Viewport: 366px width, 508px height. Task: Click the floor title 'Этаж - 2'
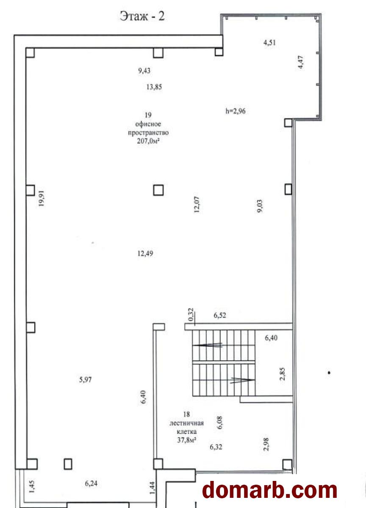point(142,17)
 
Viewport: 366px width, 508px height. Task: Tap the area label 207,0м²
point(148,141)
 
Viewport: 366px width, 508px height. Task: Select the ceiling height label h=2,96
point(235,111)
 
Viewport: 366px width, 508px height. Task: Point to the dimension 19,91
point(42,198)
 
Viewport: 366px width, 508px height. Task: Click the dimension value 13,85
point(154,87)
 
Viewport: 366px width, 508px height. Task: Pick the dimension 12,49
point(145,253)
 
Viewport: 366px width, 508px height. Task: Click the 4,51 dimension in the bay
point(269,43)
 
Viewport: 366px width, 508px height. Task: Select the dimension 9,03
point(260,206)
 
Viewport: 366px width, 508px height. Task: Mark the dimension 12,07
point(197,204)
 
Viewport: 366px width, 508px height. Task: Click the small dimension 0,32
point(191,315)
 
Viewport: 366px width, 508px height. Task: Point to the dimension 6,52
point(220,315)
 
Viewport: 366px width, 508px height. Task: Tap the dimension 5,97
point(85,380)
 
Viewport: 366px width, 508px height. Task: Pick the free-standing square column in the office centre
point(158,190)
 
